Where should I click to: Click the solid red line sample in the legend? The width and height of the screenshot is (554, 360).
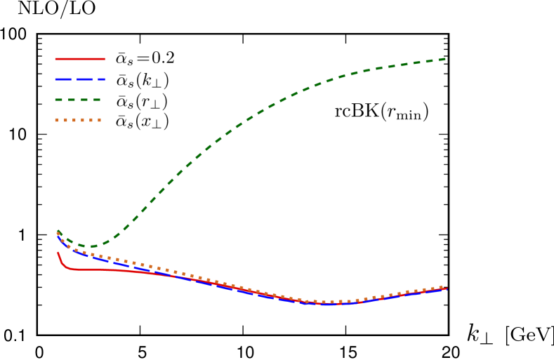click(x=80, y=59)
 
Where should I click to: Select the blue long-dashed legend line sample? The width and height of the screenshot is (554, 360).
click(x=80, y=79)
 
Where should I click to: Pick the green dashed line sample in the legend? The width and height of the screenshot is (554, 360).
click(x=78, y=100)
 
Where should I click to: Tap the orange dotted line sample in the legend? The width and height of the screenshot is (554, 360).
click(x=78, y=120)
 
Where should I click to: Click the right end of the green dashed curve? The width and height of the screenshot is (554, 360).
click(x=445, y=59)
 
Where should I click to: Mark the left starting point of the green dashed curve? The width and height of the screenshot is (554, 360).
click(x=58, y=231)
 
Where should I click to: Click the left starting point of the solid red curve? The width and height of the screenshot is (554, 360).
click(x=58, y=253)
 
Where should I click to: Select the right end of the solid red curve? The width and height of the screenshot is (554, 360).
click(x=447, y=288)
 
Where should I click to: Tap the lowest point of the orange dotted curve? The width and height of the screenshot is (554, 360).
click(x=324, y=302)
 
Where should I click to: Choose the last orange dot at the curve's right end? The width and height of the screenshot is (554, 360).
click(x=441, y=287)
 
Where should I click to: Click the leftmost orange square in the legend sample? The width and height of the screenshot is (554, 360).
click(x=57, y=120)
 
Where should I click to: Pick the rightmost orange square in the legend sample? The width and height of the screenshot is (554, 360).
click(x=99, y=120)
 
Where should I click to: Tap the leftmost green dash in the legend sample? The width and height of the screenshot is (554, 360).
click(x=59, y=100)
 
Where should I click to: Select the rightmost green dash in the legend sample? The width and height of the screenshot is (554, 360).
click(x=97, y=100)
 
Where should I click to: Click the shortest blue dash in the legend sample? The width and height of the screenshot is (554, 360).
click(x=103, y=79)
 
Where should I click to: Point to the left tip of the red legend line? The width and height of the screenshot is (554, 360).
click(x=55, y=59)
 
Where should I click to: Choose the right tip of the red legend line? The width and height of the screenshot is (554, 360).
click(x=105, y=59)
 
